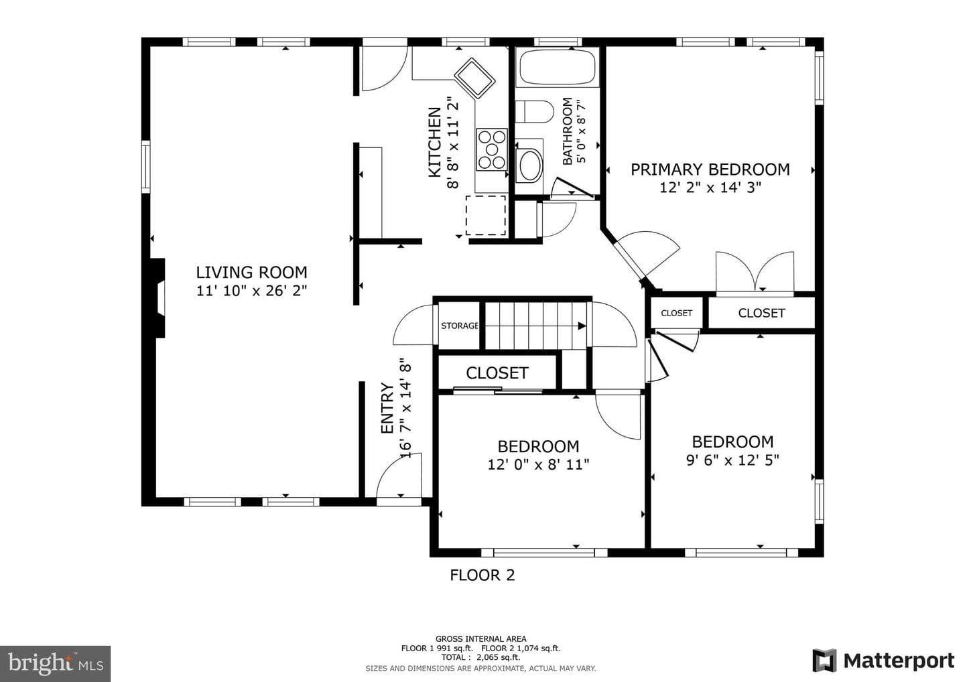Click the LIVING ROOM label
[x=251, y=273]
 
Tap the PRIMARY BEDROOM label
[x=710, y=169]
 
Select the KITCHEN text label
[x=435, y=142]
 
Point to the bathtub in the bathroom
[x=558, y=68]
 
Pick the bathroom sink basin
[x=530, y=165]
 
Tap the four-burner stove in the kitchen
[x=492, y=149]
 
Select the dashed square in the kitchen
[x=485, y=215]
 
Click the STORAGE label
[x=459, y=326]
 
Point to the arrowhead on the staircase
[x=582, y=326]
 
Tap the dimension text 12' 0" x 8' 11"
[x=538, y=464]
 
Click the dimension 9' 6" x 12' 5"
[x=732, y=460]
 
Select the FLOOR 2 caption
[x=482, y=575]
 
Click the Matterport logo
[x=883, y=661]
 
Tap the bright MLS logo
[x=55, y=663]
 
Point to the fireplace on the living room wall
[x=158, y=298]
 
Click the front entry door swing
[x=399, y=477]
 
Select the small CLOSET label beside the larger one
[x=676, y=313]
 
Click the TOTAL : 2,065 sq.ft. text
[x=480, y=657]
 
